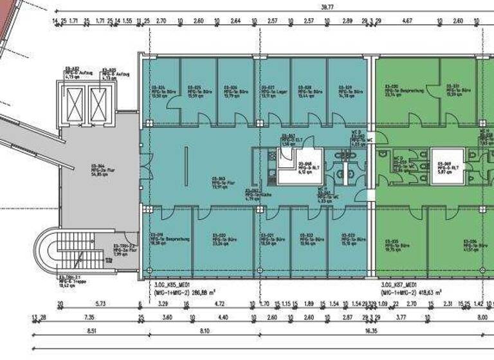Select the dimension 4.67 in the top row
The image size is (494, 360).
coord(407,21)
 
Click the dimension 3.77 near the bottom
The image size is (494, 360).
coord(401,317)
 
